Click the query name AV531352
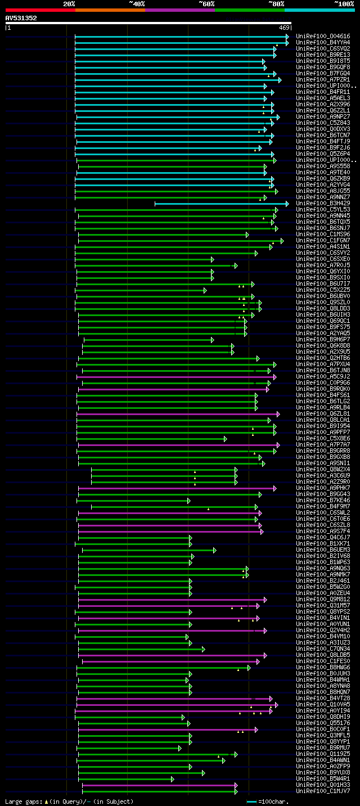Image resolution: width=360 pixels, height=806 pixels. (x=21, y=18)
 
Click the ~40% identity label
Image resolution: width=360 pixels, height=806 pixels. (x=137, y=3)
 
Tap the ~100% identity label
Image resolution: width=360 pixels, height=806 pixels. (x=344, y=3)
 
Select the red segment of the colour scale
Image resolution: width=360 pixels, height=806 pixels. (x=40, y=10)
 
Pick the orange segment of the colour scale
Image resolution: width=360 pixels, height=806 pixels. (x=110, y=10)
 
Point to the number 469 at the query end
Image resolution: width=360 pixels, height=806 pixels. (x=283, y=28)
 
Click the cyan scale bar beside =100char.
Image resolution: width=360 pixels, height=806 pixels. (x=251, y=802)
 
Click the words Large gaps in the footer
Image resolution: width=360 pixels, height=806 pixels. (x=22, y=802)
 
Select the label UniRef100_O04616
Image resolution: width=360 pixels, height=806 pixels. (x=323, y=37)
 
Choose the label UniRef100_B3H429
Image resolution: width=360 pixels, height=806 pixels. (x=323, y=204)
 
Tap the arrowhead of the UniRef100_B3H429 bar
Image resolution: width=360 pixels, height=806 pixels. (x=287, y=204)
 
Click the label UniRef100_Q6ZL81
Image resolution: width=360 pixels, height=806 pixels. (x=323, y=414)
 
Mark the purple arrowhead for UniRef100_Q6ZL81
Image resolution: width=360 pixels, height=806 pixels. (x=278, y=414)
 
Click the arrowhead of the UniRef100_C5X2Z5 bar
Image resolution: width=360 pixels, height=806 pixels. (x=205, y=290)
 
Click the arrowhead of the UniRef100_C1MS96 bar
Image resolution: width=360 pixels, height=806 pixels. (x=247, y=235)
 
